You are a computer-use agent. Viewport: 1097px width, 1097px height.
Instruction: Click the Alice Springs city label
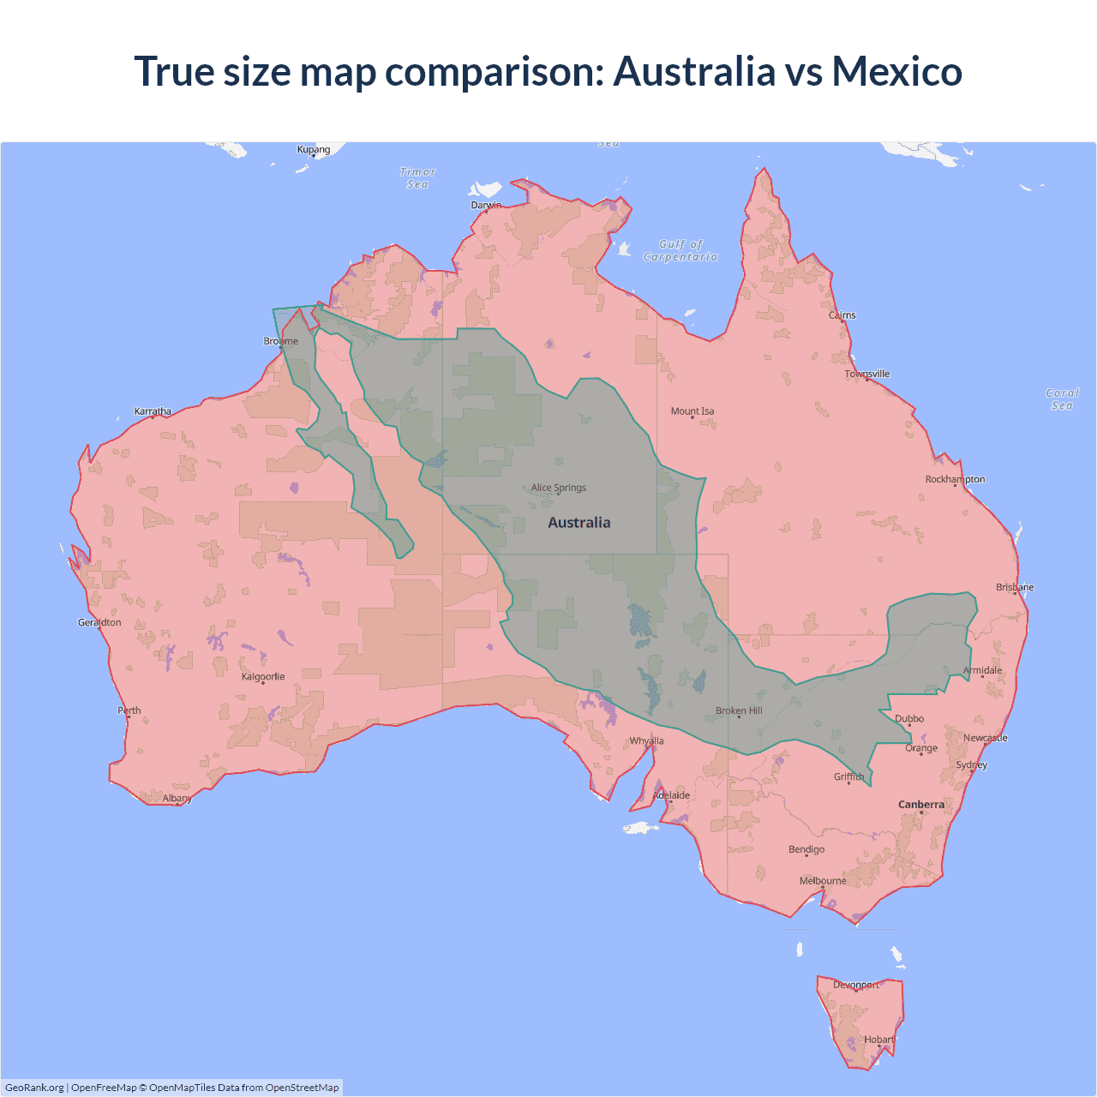[x=559, y=488]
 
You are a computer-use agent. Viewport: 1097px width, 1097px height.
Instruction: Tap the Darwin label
[x=486, y=205]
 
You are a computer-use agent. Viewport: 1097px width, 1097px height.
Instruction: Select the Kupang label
[x=314, y=149]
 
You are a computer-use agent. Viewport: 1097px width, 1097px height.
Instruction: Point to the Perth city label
[x=129, y=710]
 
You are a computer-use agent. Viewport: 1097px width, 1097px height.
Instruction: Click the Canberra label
[x=921, y=804]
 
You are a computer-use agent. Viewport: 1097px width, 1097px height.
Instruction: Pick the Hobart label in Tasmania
[x=879, y=1040]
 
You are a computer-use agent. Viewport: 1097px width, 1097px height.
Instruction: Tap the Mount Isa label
[x=692, y=411]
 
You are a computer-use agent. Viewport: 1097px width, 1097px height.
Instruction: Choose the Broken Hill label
[x=739, y=710]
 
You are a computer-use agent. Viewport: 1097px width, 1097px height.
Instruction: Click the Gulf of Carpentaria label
[x=680, y=250]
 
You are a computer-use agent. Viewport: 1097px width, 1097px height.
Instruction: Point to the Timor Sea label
[x=417, y=178]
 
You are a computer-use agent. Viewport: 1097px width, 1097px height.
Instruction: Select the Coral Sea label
[x=1062, y=399]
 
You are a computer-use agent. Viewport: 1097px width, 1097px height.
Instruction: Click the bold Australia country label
[x=579, y=523]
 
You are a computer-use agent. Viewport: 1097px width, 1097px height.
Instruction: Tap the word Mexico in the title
[x=897, y=71]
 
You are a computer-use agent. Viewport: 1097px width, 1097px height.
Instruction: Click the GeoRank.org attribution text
[x=34, y=1088]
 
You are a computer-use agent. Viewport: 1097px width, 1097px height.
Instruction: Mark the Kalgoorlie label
[x=263, y=676]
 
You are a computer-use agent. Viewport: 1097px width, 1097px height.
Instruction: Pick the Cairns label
[x=842, y=315]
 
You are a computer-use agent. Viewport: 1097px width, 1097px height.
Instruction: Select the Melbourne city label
[x=823, y=880]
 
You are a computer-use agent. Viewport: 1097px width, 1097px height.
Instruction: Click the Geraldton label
[x=99, y=622]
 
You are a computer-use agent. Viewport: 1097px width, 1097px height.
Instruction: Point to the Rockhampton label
[x=955, y=479]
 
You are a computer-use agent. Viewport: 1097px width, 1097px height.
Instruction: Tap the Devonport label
[x=856, y=985]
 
